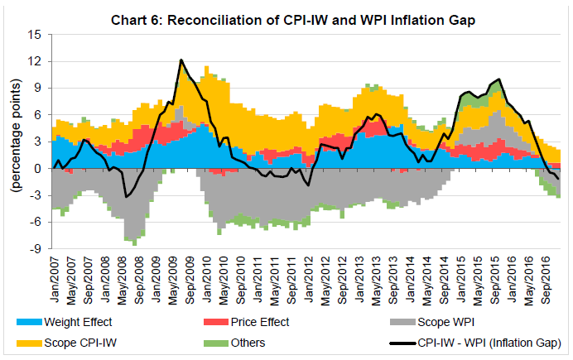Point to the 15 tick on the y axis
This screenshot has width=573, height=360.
coord(34,36)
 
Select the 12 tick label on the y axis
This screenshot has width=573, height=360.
coord(34,62)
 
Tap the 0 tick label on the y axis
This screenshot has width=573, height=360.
coord(38,169)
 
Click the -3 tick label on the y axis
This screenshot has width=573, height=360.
coord(35,195)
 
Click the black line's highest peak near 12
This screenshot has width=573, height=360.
coord(181,60)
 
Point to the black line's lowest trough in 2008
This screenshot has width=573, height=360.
coord(126,196)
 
